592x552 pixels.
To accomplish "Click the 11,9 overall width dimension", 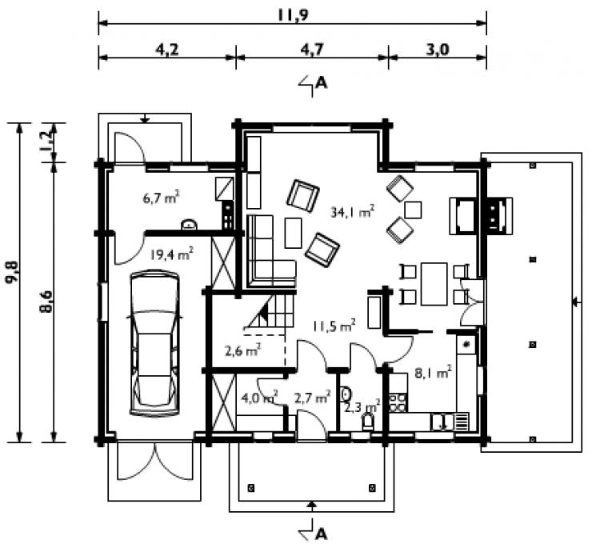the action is [293, 15].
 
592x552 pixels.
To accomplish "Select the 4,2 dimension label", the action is [167, 50].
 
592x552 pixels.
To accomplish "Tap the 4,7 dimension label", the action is [312, 50].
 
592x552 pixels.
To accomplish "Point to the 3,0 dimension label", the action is [438, 50].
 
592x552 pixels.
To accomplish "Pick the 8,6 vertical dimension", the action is [46, 302].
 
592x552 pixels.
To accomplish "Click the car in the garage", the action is [154, 343].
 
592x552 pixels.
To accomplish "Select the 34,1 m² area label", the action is [352, 212].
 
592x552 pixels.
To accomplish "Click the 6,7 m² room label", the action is [161, 198].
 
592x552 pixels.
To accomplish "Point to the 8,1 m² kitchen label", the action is [433, 373].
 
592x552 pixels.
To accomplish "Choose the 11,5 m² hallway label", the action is [334, 326].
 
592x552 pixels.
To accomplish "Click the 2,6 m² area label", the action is [243, 351].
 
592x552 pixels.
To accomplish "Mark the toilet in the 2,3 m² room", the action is [368, 422].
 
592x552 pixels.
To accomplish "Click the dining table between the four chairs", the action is [434, 284].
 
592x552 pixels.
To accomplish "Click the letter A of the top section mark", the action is [321, 82].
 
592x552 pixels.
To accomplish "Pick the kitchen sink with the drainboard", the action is [450, 422].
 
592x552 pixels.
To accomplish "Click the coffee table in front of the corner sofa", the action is [294, 233].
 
